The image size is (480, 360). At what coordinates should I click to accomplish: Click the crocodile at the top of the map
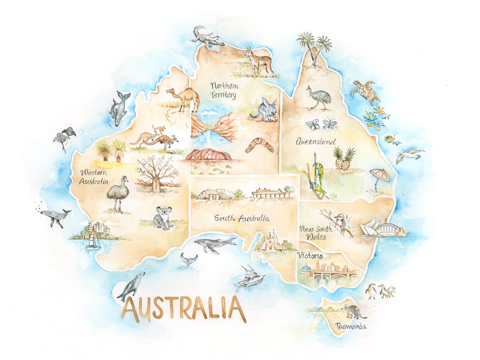point(208,37)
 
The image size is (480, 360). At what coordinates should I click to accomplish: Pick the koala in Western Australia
point(162,218)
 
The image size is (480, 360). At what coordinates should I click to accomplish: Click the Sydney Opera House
point(372,228)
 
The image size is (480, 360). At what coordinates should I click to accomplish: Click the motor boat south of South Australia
point(251,277)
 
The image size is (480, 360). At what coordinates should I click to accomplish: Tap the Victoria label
point(311,255)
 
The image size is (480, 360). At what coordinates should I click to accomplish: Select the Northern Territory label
point(224,89)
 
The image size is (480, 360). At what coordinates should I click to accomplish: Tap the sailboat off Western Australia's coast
point(93,238)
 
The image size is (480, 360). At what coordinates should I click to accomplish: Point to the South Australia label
point(242,218)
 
